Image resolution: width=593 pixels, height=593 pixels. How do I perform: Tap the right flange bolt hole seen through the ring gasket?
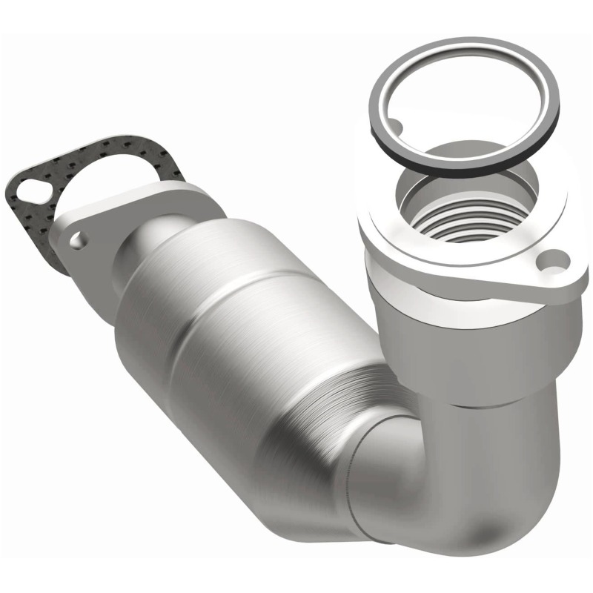tap(394, 128)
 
